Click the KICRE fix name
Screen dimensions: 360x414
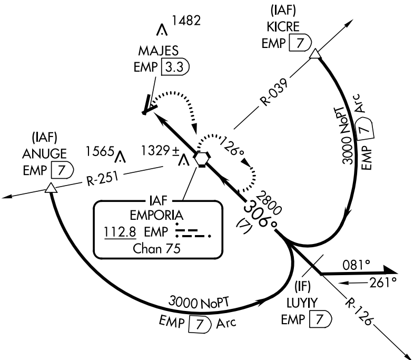point(285,27)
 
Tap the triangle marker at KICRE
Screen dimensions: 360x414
point(314,54)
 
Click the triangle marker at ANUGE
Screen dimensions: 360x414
point(50,188)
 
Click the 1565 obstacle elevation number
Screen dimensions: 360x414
point(100,151)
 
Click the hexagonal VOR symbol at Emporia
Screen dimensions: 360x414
point(201,158)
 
